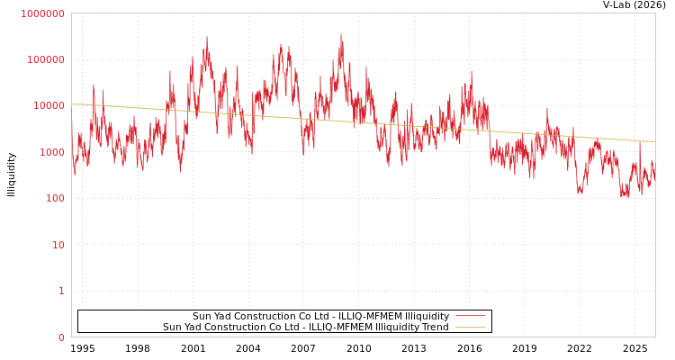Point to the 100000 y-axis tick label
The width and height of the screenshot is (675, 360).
[45, 59]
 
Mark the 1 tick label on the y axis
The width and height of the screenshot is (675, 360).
[61, 291]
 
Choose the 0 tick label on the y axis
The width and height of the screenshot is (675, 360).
[61, 337]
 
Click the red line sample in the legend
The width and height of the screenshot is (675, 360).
[470, 316]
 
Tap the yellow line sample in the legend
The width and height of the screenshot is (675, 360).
[470, 327]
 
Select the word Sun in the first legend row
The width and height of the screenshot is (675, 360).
[202, 316]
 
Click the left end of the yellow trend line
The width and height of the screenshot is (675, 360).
[72, 104]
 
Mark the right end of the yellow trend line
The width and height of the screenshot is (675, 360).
[654, 141]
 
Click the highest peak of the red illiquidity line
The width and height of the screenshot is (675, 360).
[341, 34]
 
